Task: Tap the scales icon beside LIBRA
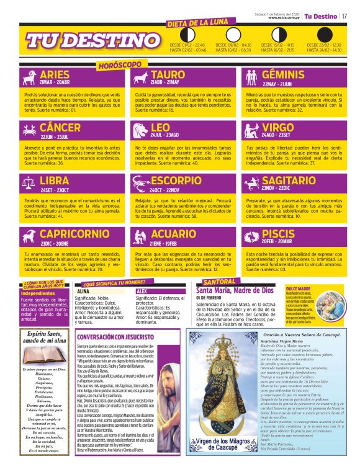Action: point(28,182)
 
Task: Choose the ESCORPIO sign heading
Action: point(175,181)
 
